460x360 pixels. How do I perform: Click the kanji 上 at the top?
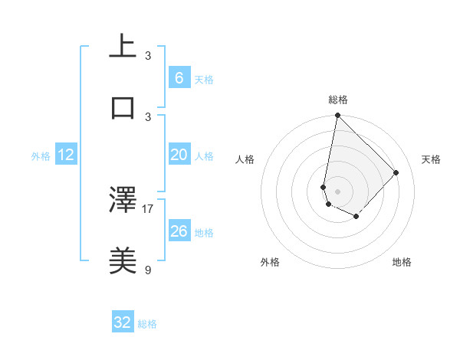pos(123,45)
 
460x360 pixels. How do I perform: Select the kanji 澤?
pos(123,201)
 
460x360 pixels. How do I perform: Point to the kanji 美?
pos(123,261)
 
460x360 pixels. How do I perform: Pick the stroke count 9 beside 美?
pos(148,269)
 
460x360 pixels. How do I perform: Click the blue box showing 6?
pos(179,78)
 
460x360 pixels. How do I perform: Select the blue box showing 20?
pos(179,155)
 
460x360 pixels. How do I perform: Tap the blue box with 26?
pos(179,231)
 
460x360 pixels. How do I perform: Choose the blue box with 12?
pos(66,155)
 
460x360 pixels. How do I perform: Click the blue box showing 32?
pos(123,322)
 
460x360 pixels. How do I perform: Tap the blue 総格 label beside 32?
pos(148,324)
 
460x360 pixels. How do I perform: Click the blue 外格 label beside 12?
pos(41,156)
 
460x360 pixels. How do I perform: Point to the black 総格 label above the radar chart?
pos(338,100)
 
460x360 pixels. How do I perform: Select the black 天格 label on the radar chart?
pos(431,159)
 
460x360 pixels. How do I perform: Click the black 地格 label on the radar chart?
pos(402,262)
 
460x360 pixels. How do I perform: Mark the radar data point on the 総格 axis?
pos(337,116)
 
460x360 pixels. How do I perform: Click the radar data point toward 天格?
pos(396,172)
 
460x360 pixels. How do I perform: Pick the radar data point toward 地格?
pos(356,217)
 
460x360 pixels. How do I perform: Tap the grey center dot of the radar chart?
pos(337,191)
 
